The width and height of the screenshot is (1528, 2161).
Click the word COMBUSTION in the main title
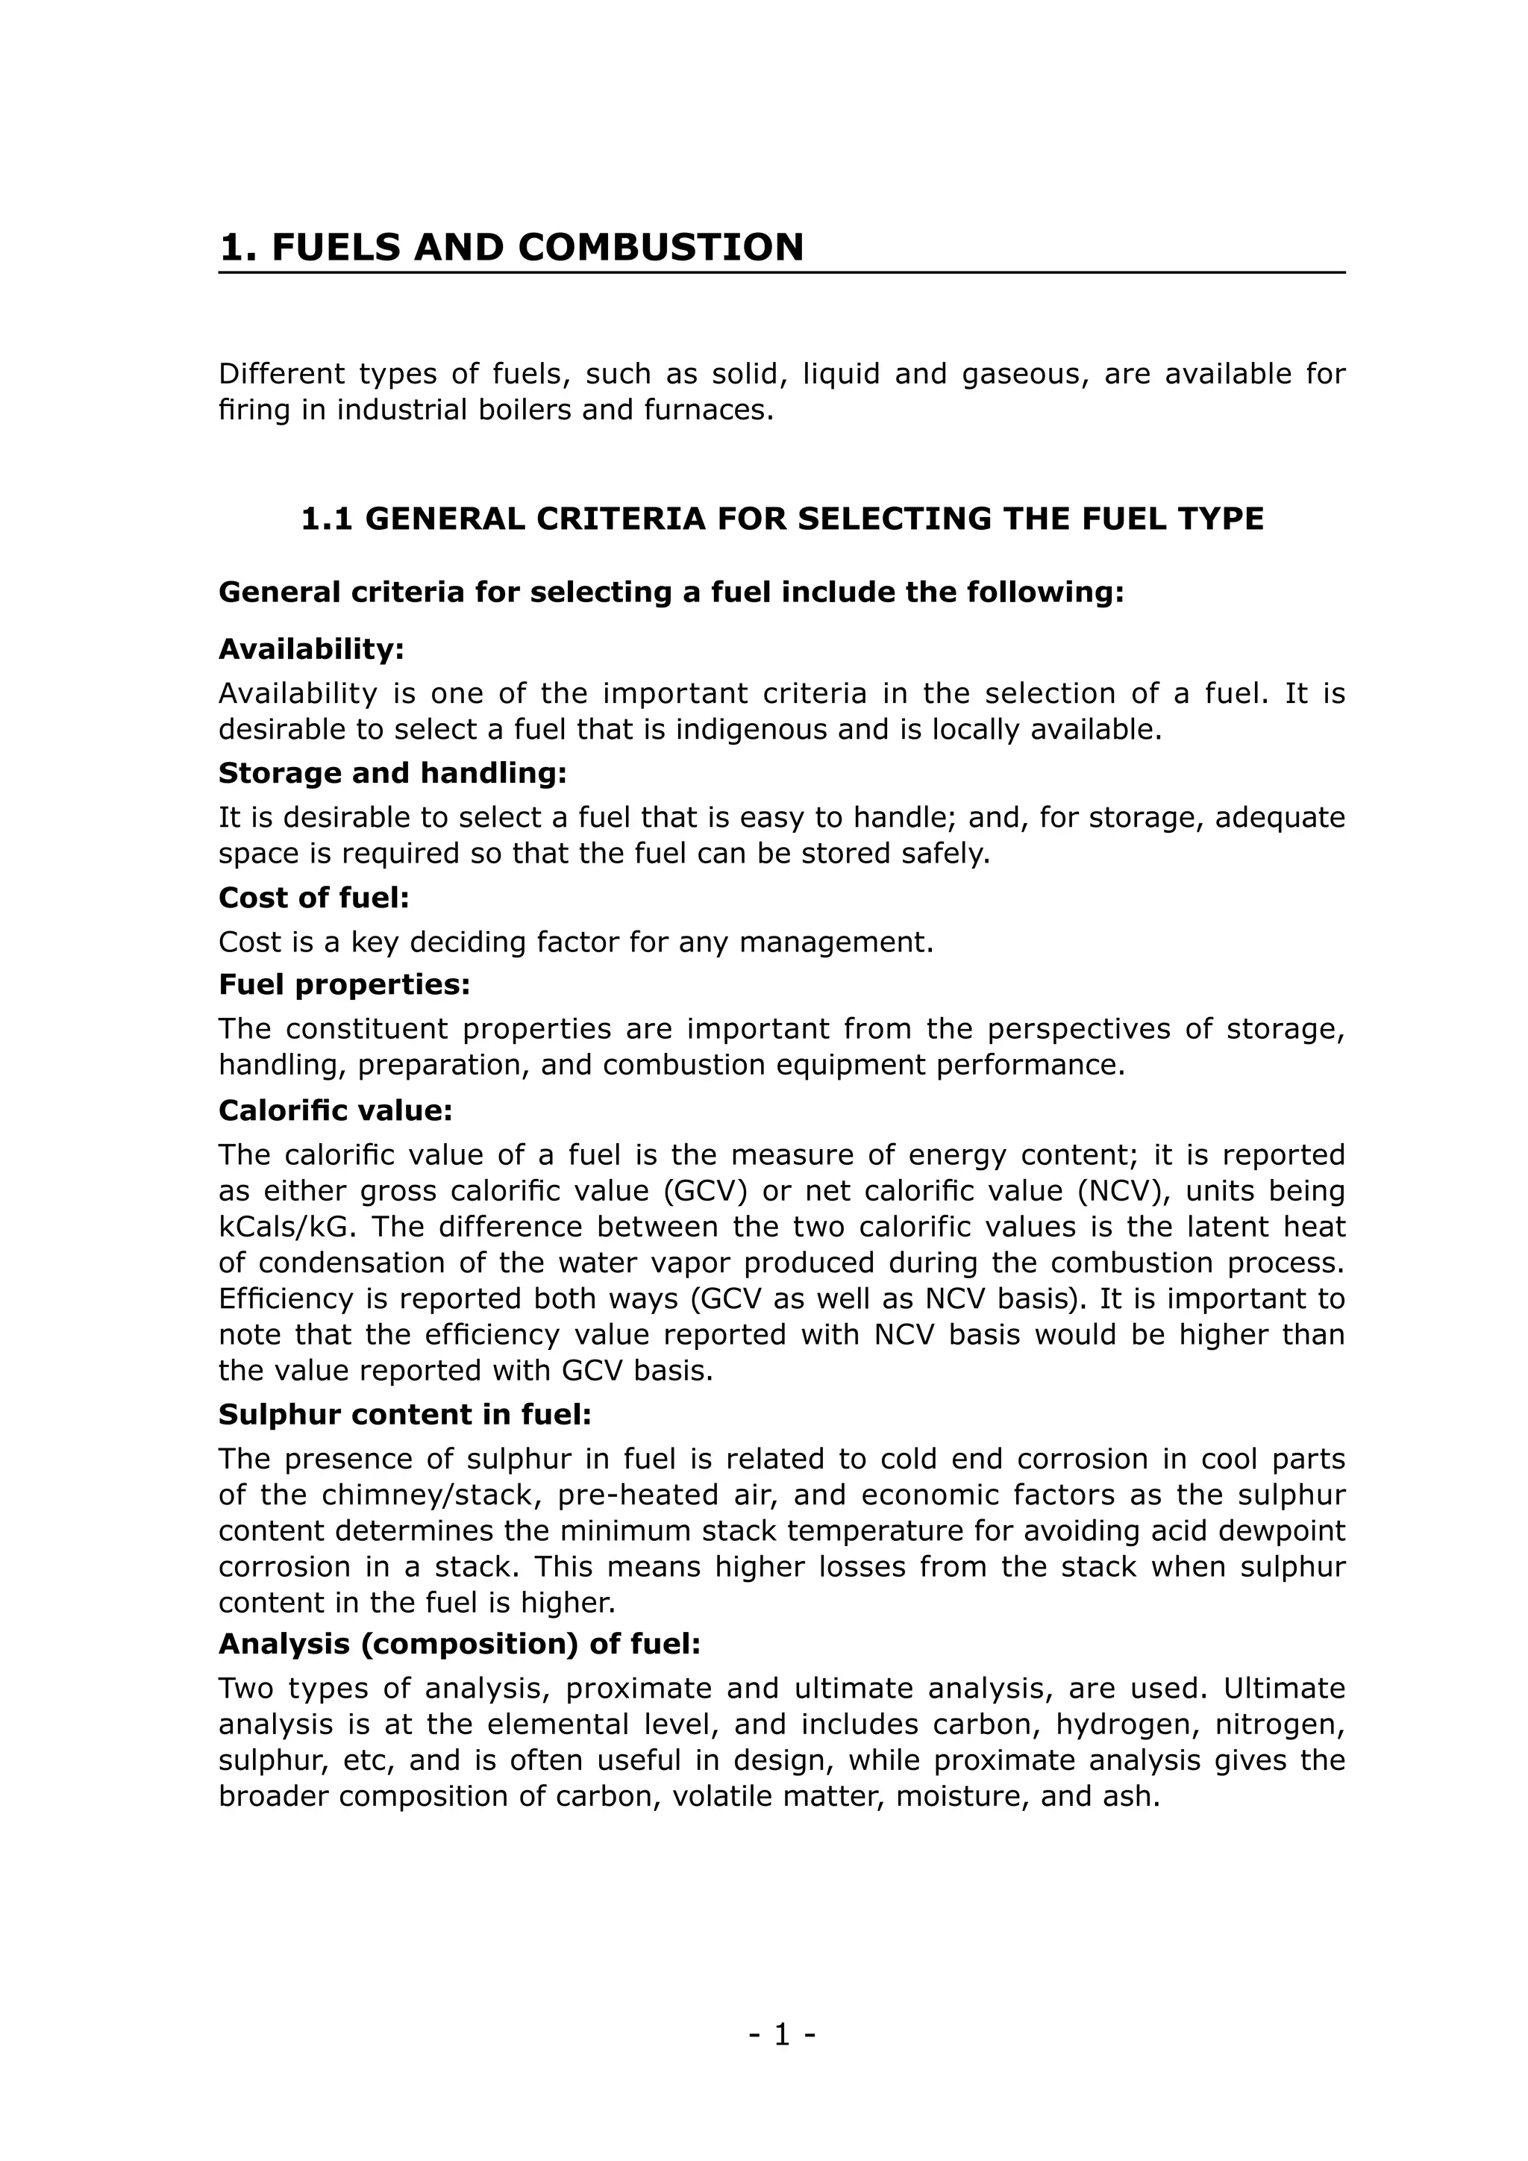(660, 248)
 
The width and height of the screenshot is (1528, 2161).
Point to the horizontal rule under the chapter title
(781, 273)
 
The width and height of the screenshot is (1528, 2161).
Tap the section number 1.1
(327, 519)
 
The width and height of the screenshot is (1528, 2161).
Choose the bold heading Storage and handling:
(392, 773)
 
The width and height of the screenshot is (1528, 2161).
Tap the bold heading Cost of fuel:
(314, 898)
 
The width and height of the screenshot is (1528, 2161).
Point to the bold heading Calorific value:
(336, 1110)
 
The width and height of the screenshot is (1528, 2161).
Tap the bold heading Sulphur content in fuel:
(404, 1415)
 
